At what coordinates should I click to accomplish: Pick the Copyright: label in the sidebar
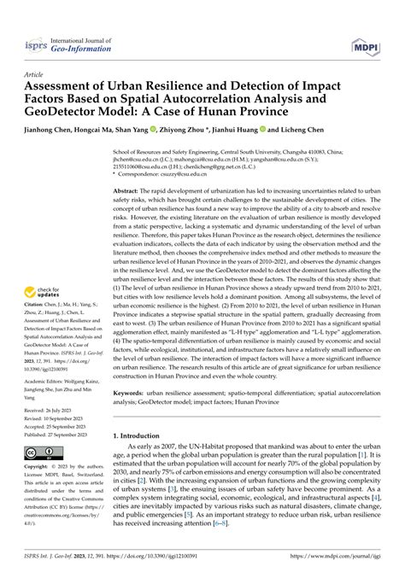pyautogui.click(x=36, y=466)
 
